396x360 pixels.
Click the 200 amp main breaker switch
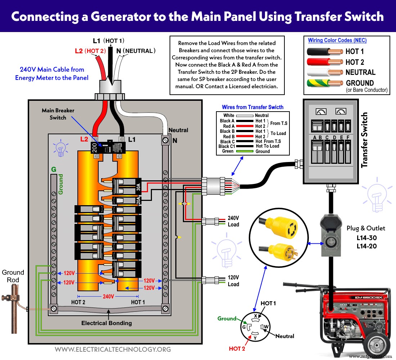[108, 148]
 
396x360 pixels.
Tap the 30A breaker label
[138, 187]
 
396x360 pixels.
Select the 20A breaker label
[138, 201]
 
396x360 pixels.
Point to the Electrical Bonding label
[107, 323]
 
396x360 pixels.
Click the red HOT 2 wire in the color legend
[324, 62]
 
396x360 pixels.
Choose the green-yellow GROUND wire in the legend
[324, 83]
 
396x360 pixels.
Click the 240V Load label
[233, 221]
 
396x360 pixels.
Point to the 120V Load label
[233, 281]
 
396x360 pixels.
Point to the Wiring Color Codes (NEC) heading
[337, 40]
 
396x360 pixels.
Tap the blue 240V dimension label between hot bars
[108, 296]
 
